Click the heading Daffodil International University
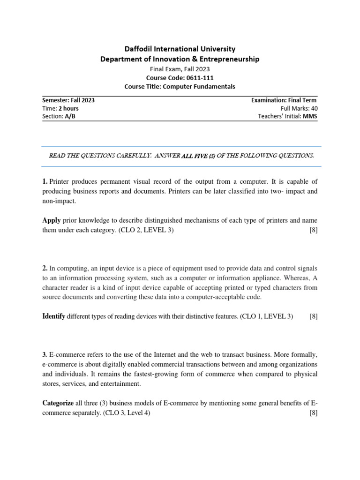pyautogui.click(x=180, y=49)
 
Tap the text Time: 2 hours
pyautogui.click(x=60, y=108)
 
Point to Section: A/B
pyautogui.click(x=59, y=117)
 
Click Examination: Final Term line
pyautogui.click(x=284, y=100)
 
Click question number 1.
pyautogui.click(x=45, y=181)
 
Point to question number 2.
pyautogui.click(x=45, y=268)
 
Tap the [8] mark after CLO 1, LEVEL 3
pyautogui.click(x=314, y=316)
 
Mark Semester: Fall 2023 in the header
pyautogui.click(x=69, y=100)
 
